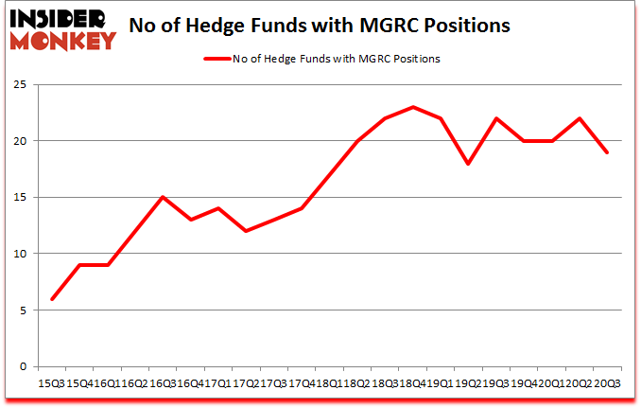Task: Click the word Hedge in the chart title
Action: click(x=267, y=26)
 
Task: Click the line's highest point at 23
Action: click(x=413, y=107)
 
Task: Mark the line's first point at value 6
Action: click(x=52, y=299)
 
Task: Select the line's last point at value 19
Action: click(x=606, y=152)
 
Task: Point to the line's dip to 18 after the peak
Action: click(x=468, y=164)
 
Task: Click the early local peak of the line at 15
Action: click(x=163, y=197)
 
